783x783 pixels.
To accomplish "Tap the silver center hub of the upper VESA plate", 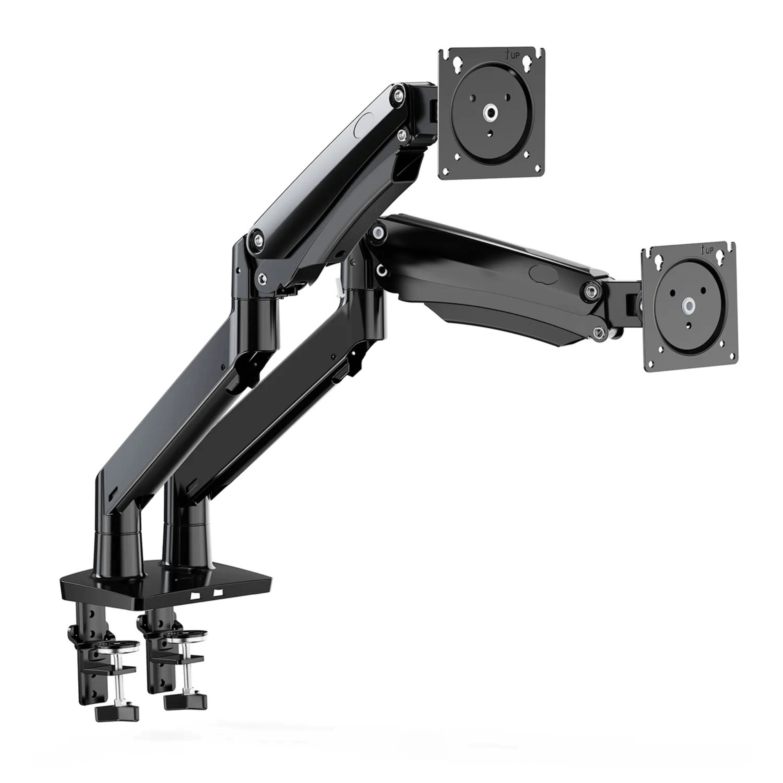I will tap(492, 113).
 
